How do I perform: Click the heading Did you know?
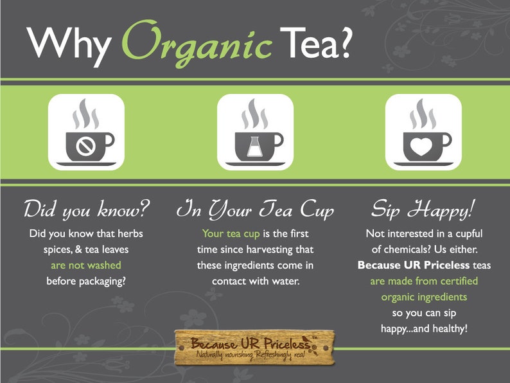point(86,209)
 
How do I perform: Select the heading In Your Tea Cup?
point(255,209)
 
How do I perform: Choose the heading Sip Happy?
point(423,209)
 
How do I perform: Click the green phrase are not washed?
point(86,265)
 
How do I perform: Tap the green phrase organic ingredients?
point(423,297)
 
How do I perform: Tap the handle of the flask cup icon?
point(278,141)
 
